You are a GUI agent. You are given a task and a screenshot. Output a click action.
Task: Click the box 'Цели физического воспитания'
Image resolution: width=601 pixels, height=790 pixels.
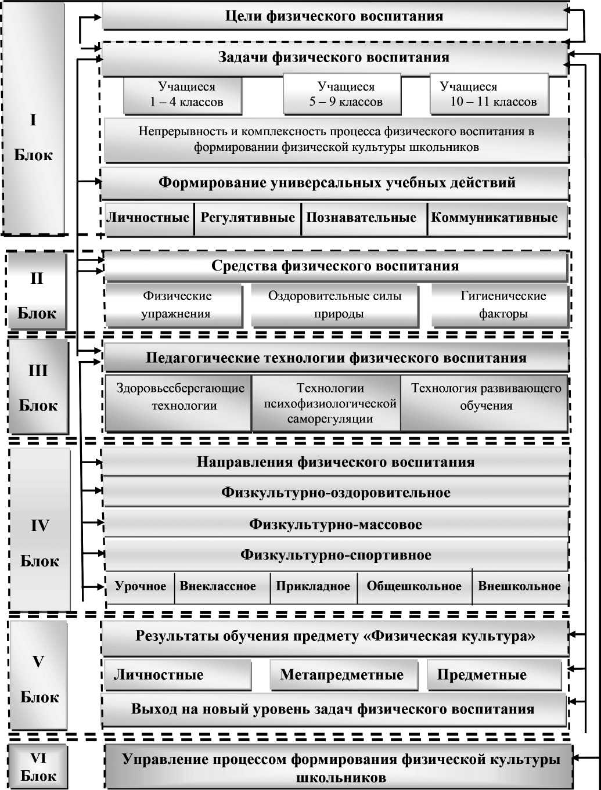[x=334, y=16]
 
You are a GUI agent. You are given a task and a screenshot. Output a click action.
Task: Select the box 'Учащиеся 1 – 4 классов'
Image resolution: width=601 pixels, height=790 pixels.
[x=183, y=95]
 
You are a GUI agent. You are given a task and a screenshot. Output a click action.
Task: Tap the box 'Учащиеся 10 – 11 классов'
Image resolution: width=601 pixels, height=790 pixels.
[x=489, y=95]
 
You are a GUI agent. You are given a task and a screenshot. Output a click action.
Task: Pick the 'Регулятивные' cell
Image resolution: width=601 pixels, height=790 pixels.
[x=248, y=218]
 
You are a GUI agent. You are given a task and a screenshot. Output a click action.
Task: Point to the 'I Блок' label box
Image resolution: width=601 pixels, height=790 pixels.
[x=33, y=138]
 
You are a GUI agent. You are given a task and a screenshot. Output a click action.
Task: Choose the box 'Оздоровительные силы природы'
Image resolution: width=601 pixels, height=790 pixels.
[x=335, y=305]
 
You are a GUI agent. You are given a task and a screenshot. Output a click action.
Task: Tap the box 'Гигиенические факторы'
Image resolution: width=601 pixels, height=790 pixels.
[x=501, y=305]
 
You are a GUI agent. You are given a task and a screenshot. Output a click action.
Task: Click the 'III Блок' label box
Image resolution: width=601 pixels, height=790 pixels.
[x=38, y=387]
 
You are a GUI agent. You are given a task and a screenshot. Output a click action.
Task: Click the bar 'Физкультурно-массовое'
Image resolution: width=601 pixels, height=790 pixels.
[x=336, y=524]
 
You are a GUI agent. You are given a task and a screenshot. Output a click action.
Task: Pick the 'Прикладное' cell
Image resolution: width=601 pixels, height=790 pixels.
[x=313, y=586]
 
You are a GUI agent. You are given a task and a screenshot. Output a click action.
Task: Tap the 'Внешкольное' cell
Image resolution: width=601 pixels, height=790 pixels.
[x=519, y=586]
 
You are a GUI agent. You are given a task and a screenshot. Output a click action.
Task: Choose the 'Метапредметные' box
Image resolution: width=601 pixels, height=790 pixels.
[x=343, y=674]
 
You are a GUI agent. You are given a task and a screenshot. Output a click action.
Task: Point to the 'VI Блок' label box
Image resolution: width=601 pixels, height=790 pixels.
[x=38, y=767]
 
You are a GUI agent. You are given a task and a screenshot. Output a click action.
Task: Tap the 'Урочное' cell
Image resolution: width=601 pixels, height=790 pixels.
[x=141, y=586]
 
